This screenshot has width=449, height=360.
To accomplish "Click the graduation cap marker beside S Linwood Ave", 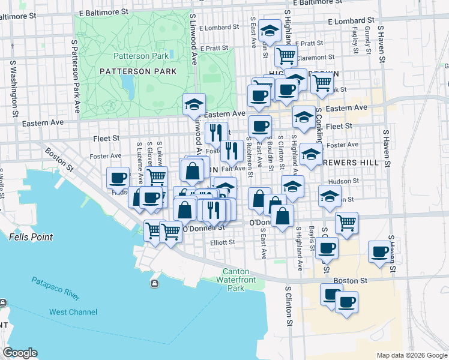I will pyautogui.click(x=194, y=104).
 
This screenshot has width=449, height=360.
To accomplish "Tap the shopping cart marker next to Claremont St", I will pyautogui.click(x=286, y=56).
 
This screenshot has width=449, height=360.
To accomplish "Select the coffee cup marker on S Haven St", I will pyautogui.click(x=379, y=251).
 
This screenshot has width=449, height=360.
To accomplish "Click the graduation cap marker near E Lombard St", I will pyautogui.click(x=270, y=31).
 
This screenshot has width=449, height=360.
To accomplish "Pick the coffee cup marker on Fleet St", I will pyautogui.click(x=260, y=125).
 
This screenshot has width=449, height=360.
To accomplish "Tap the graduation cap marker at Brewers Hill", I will pyautogui.click(x=310, y=154).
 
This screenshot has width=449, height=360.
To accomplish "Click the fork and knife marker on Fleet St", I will pyautogui.click(x=216, y=133).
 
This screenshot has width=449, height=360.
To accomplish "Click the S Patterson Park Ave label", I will pyautogui.click(x=75, y=77).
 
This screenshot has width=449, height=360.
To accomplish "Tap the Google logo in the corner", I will pyautogui.click(x=20, y=352).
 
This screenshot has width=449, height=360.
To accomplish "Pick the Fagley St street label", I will pyautogui.click(x=355, y=40).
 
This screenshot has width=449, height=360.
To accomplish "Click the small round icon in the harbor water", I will pyautogui.click(x=155, y=283).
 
